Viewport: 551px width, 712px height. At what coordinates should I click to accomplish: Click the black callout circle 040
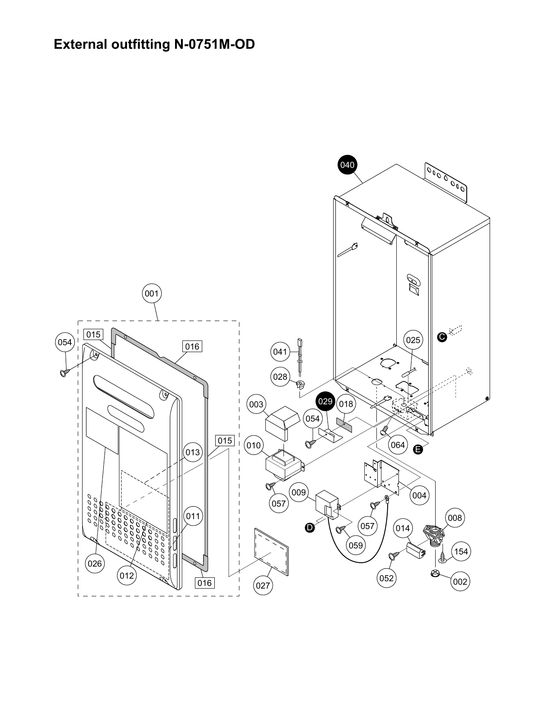[347, 165]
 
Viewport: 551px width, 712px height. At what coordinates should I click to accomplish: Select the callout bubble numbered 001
[151, 293]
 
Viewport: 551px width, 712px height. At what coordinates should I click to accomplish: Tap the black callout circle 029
[325, 401]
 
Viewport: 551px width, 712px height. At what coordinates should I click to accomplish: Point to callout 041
[280, 352]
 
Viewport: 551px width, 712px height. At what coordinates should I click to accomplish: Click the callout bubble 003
[256, 404]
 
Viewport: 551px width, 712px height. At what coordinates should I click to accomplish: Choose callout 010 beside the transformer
[254, 445]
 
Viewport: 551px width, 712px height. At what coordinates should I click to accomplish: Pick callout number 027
[263, 585]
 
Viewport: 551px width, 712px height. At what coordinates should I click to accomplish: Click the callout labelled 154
[461, 551]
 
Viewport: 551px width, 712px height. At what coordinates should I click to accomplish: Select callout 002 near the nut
[460, 582]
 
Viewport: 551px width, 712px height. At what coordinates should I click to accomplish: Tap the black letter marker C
[442, 337]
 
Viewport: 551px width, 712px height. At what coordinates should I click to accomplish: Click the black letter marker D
[309, 527]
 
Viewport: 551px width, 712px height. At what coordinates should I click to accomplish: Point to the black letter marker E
[417, 450]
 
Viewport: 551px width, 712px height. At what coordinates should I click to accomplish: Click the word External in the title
[79, 44]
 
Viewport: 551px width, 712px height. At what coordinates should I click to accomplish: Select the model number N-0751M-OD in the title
[214, 44]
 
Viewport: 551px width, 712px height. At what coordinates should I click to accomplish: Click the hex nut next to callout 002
[435, 573]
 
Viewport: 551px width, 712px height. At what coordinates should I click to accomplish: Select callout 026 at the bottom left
[95, 563]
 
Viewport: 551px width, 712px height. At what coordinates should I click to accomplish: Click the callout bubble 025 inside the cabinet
[413, 340]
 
